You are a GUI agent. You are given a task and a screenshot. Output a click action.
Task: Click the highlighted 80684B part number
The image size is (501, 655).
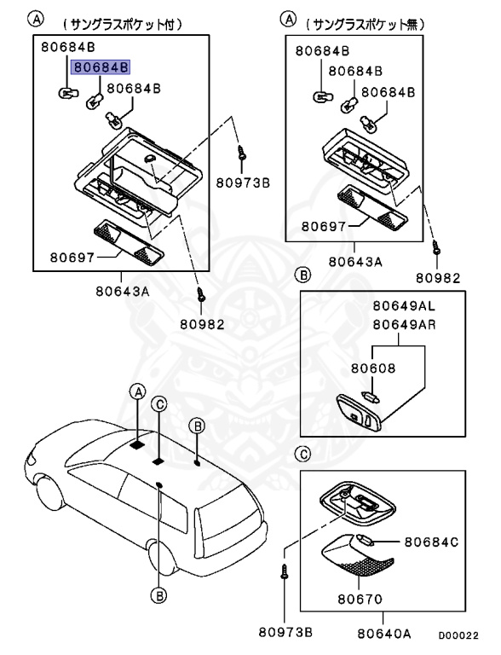click(101, 67)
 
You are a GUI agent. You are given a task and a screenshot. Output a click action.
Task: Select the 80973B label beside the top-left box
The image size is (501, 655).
click(243, 183)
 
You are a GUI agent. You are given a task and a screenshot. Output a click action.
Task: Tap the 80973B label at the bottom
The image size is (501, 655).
click(285, 632)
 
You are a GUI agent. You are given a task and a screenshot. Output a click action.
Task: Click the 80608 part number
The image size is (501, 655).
click(373, 368)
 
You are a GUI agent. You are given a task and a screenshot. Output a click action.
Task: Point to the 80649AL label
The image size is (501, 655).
click(404, 306)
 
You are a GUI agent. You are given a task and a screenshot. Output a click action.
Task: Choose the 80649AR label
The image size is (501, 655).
click(404, 325)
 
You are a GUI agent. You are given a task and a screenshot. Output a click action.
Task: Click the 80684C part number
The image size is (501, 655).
click(431, 542)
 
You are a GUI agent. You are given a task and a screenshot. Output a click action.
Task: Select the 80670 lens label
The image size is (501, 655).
click(360, 600)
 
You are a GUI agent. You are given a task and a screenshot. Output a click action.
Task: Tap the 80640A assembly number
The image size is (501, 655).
click(384, 634)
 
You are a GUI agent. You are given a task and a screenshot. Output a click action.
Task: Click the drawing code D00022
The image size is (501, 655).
click(458, 635)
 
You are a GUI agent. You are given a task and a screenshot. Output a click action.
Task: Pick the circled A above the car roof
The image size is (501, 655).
click(138, 391)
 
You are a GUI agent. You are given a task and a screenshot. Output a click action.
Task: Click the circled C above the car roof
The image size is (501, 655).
click(159, 403)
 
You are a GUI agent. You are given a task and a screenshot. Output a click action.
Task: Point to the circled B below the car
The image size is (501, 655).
click(159, 594)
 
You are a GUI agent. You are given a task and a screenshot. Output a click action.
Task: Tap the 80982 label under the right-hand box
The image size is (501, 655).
click(438, 278)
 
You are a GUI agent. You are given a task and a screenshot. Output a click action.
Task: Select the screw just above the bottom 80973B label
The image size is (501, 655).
click(284, 571)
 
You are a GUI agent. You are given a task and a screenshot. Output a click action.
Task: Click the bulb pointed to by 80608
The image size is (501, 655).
click(371, 396)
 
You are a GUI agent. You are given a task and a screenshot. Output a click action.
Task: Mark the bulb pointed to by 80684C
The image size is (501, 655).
click(366, 540)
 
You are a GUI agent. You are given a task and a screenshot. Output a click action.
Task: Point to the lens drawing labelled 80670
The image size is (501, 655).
click(358, 554)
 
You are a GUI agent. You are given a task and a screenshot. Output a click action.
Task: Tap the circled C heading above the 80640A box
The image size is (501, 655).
click(302, 454)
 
